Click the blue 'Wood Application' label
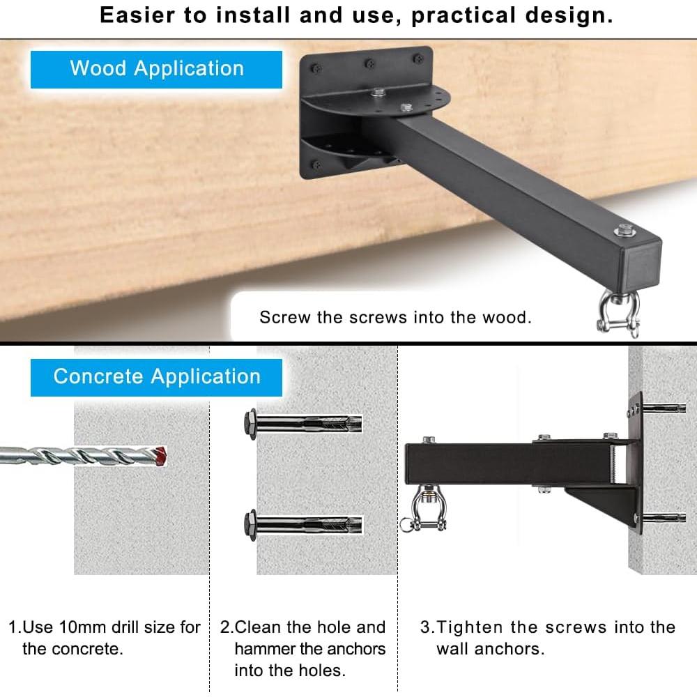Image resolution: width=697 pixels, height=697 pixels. [x=156, y=69]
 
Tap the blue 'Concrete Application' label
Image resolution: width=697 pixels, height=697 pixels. [x=156, y=377]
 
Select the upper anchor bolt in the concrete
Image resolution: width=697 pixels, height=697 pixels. [x=303, y=422]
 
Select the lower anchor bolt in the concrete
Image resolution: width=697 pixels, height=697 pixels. [x=303, y=521]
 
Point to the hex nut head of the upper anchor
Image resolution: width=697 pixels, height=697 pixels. [x=248, y=422]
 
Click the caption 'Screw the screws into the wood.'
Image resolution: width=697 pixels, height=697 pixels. [x=395, y=318]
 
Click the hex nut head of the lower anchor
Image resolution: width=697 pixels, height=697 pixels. [x=248, y=521]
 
